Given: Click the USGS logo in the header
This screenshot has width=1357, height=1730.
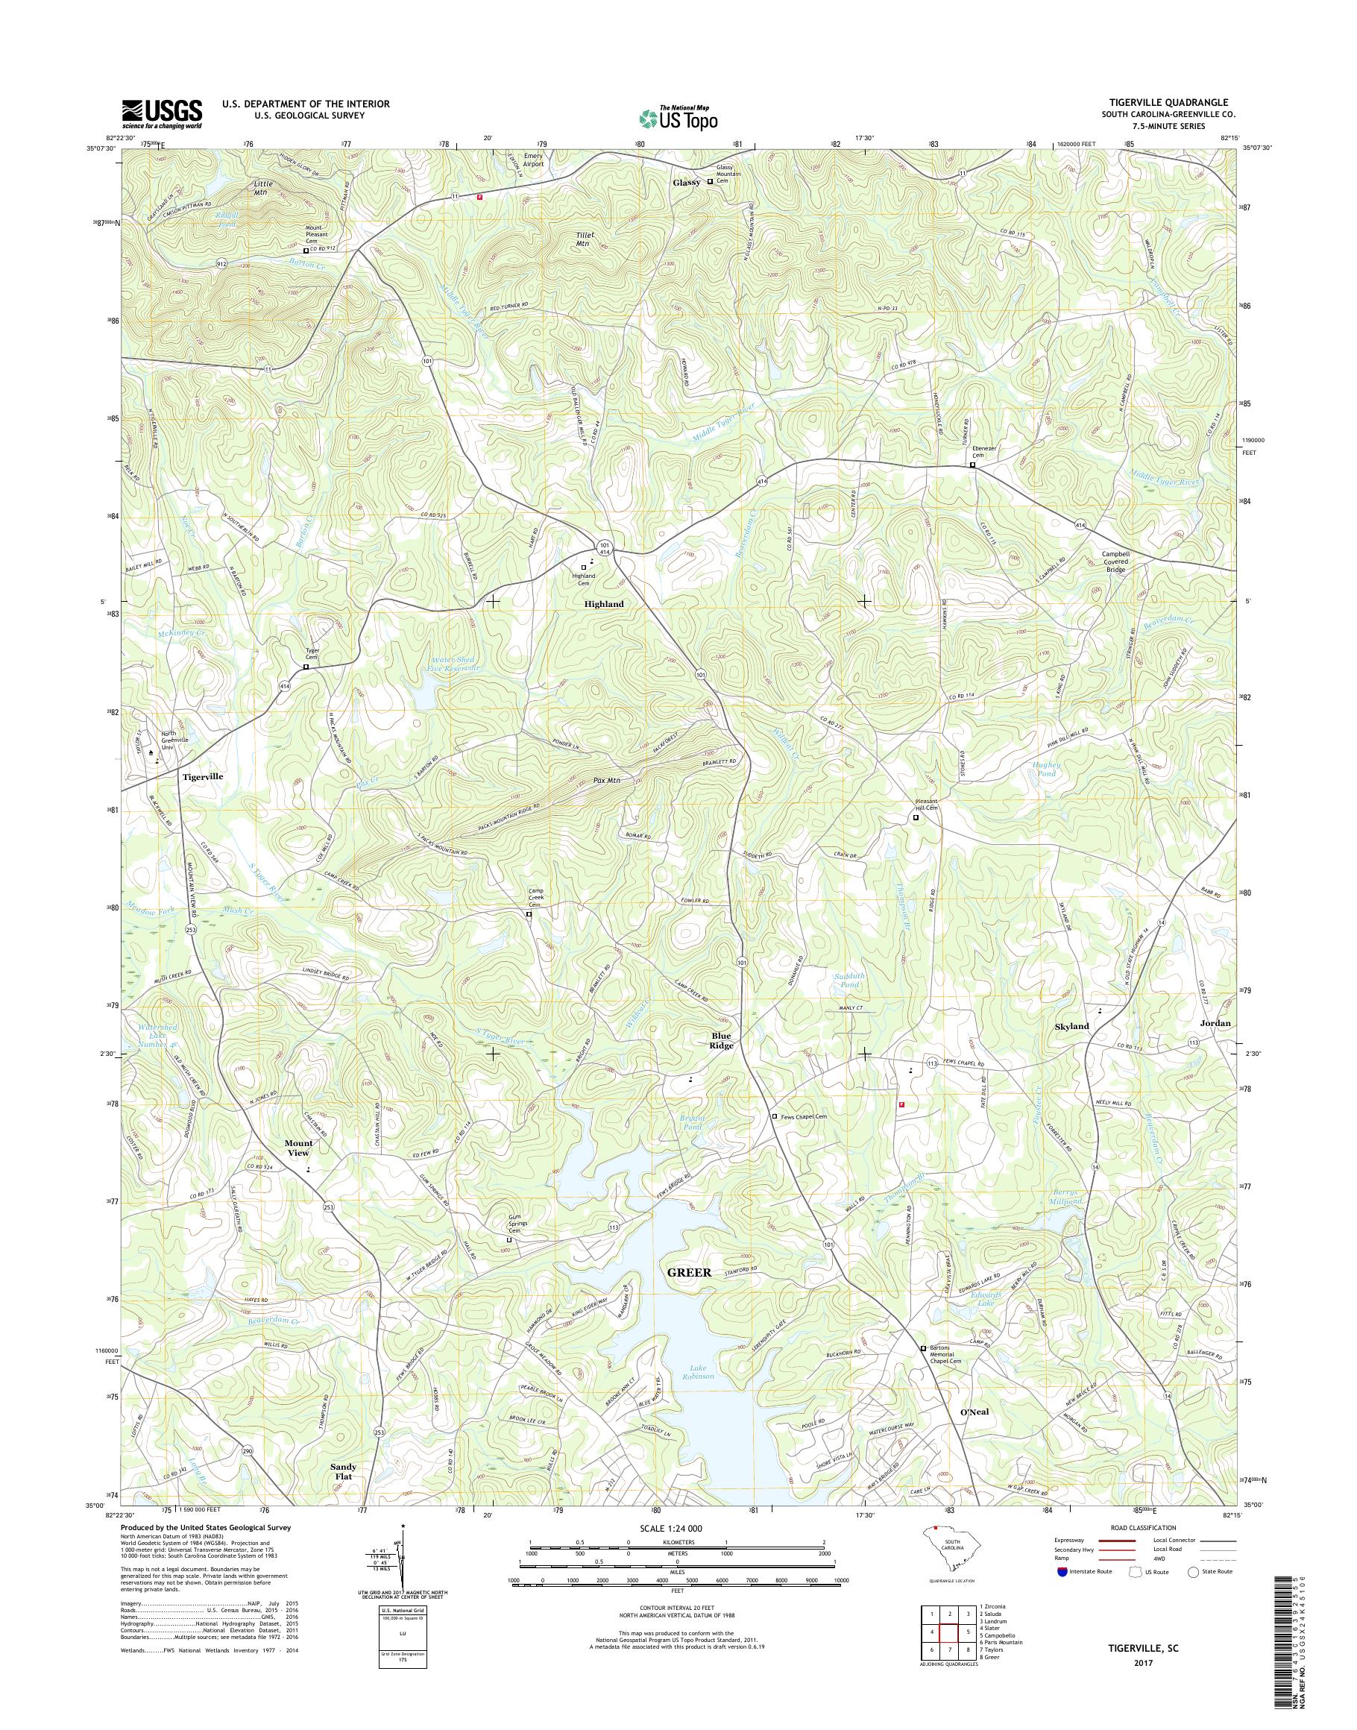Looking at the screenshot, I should [x=162, y=113].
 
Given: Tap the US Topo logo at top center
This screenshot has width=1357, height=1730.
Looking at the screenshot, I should [x=678, y=119].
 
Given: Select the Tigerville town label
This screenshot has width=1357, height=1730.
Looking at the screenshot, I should [x=203, y=776].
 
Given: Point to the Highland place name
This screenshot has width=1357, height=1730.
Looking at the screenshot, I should [x=604, y=604].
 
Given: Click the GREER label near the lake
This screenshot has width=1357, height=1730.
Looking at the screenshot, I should [x=689, y=1271].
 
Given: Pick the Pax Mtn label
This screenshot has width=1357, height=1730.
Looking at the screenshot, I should [x=606, y=781].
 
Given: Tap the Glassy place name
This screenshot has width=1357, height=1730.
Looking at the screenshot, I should [x=687, y=182].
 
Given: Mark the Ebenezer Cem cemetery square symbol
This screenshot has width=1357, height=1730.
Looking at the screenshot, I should [x=972, y=465].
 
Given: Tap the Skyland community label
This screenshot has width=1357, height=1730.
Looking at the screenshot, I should [x=1071, y=1026].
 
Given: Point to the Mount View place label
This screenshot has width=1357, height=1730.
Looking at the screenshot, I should [x=299, y=1148].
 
